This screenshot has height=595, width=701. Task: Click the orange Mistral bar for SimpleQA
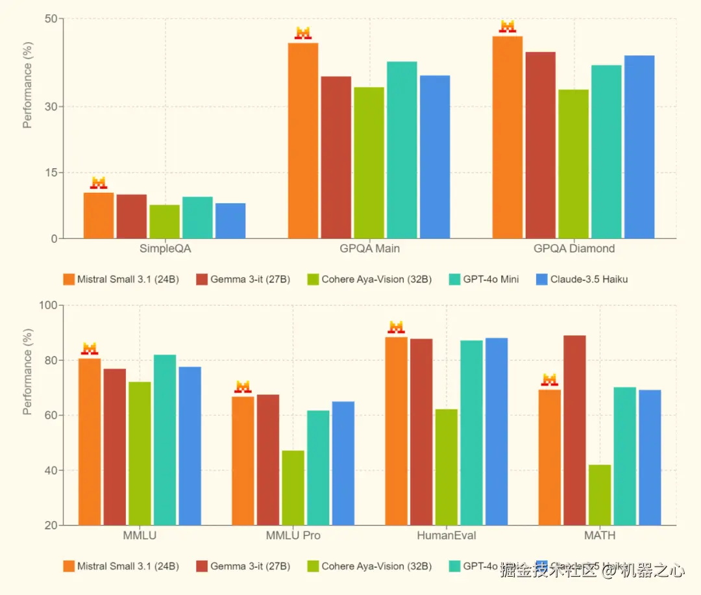click(99, 216)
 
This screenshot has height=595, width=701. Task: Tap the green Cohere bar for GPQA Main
click(369, 162)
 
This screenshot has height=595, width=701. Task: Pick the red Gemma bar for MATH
click(574, 430)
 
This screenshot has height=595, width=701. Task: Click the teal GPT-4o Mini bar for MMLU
click(165, 440)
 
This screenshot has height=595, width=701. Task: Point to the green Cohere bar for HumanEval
click(447, 467)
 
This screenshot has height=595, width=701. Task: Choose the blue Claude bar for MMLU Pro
click(343, 463)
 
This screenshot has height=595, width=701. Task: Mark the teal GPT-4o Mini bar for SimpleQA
click(197, 218)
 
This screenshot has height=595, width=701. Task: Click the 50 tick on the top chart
click(50, 19)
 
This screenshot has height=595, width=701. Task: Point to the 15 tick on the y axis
click(50, 172)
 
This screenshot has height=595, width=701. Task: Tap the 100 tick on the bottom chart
click(47, 305)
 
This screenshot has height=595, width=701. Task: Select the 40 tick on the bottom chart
click(50, 470)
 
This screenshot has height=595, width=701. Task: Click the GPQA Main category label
click(369, 249)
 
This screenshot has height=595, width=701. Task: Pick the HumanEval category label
click(447, 536)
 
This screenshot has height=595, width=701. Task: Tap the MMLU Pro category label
click(293, 536)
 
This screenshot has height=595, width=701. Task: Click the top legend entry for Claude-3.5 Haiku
click(582, 280)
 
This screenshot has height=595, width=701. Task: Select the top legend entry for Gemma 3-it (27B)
click(243, 280)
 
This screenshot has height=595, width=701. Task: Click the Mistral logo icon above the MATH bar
click(550, 380)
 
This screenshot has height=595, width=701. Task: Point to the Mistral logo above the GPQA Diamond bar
click(507, 27)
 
